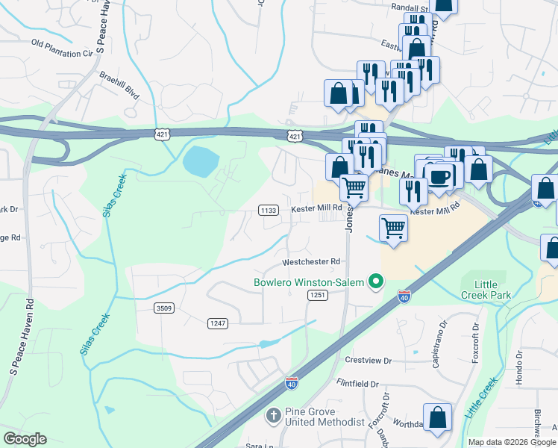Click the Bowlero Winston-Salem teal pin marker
click(377, 282)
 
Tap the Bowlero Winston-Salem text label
click(308, 282)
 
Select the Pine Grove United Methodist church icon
click(274, 415)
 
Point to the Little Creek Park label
click(486, 290)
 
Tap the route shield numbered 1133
click(269, 211)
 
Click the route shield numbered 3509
click(164, 308)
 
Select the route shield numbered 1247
click(216, 322)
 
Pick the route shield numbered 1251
click(315, 296)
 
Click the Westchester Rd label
click(311, 262)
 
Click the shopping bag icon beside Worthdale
click(437, 418)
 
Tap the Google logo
click(25, 439)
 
